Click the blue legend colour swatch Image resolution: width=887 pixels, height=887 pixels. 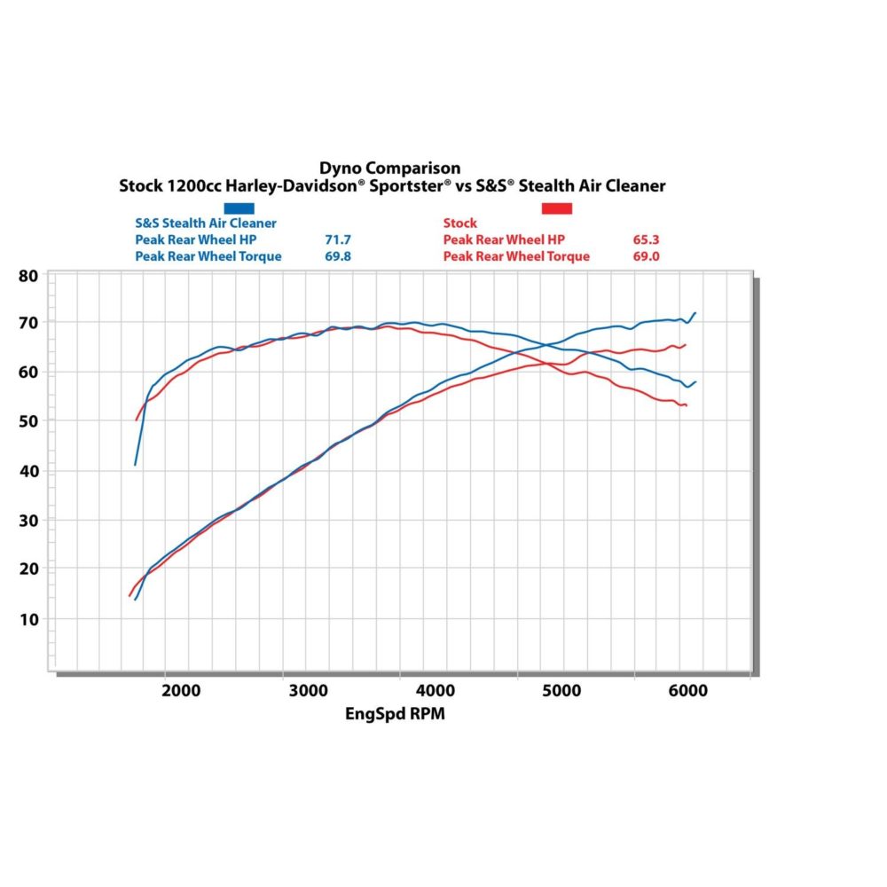(239, 208)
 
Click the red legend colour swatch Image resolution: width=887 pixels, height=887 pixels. (557, 208)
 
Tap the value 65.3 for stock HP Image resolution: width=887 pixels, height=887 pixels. (646, 239)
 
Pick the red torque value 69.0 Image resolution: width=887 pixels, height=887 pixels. (646, 256)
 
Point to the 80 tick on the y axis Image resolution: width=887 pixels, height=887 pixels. (28, 276)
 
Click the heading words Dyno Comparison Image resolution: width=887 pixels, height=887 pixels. (390, 168)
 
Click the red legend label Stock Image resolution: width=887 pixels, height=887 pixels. (459, 224)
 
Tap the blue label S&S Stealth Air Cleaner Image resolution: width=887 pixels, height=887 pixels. (205, 224)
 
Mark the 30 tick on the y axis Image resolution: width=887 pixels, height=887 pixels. (28, 519)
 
